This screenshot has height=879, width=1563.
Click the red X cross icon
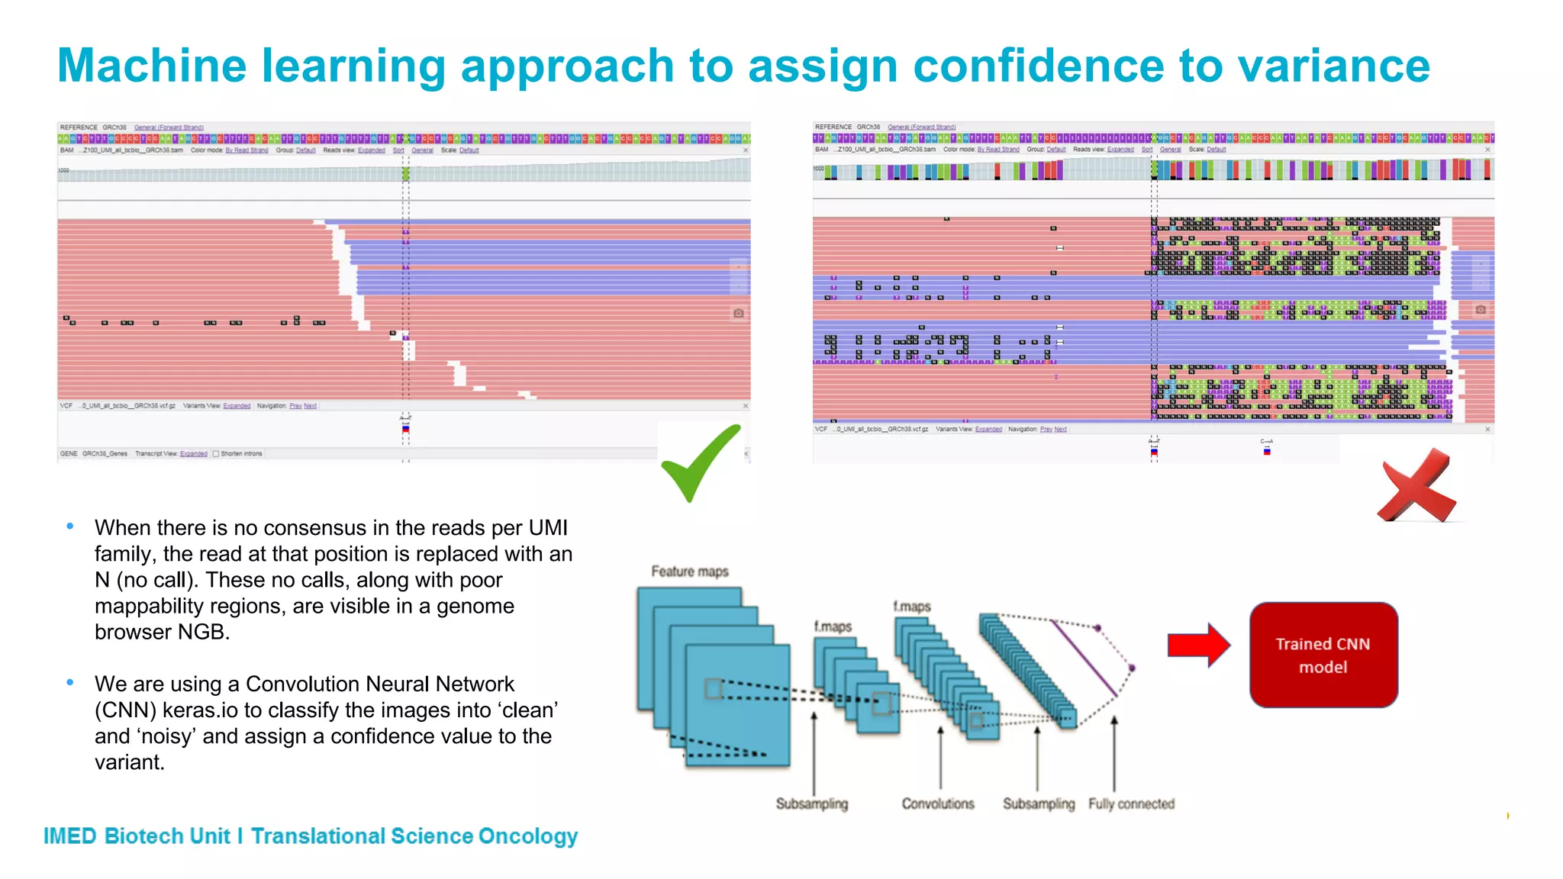pyautogui.click(x=1416, y=487)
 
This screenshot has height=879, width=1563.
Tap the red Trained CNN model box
pyautogui.click(x=1323, y=655)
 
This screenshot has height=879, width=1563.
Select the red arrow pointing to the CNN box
pyautogui.click(x=1197, y=646)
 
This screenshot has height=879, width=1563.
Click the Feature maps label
pyautogui.click(x=689, y=572)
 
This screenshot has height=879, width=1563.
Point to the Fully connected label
pyautogui.click(x=1131, y=803)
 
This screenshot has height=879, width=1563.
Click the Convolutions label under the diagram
pyautogui.click(x=938, y=803)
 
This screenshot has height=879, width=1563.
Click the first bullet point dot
pyautogui.click(x=70, y=526)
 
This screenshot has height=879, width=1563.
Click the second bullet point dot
pyautogui.click(x=70, y=682)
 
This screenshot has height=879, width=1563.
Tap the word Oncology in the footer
pyautogui.click(x=527, y=836)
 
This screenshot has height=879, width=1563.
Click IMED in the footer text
pyautogui.click(x=69, y=836)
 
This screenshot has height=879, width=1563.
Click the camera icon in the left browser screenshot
pyautogui.click(x=738, y=314)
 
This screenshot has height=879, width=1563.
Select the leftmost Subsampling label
pyautogui.click(x=811, y=803)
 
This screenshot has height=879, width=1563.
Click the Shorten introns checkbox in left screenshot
pyautogui.click(x=216, y=453)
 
